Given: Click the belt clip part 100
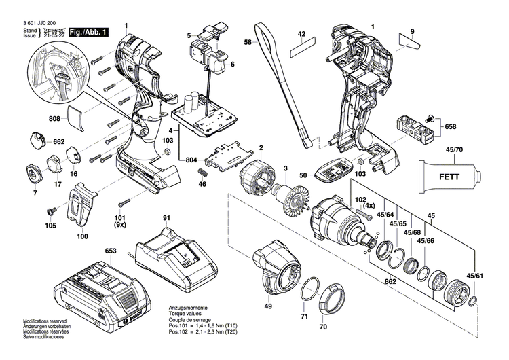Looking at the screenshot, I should click(x=81, y=208).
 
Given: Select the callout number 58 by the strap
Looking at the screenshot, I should click(x=248, y=43).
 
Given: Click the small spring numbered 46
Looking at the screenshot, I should click(x=202, y=176).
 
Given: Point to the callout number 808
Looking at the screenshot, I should click(x=54, y=118).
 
